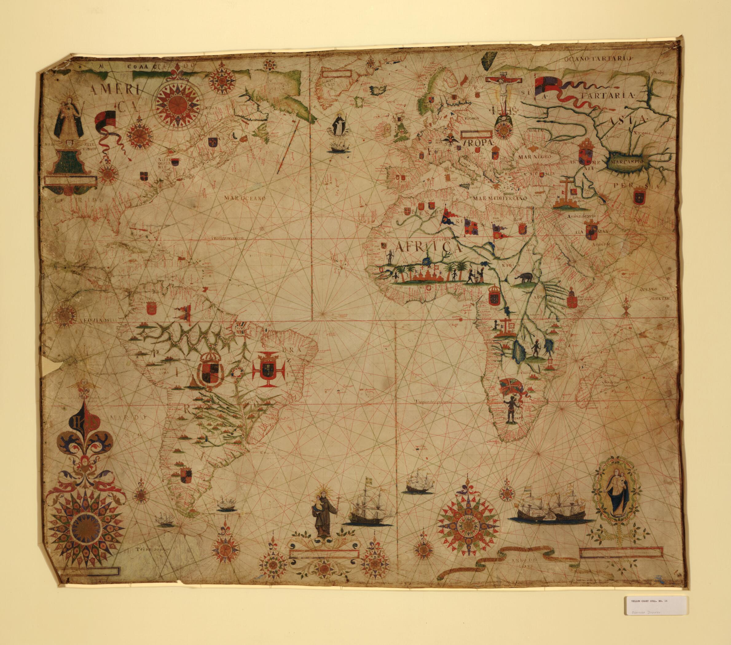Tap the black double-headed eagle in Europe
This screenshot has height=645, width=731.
(x=449, y=141)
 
